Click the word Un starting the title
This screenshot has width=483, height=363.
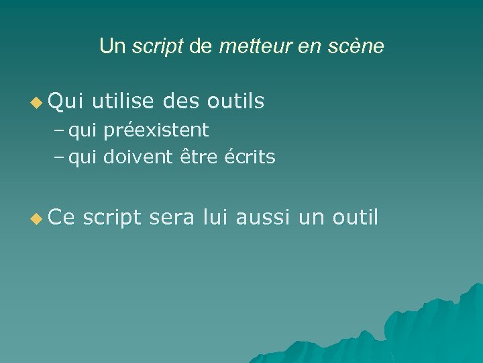point(112,46)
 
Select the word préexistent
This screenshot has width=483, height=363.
point(156,129)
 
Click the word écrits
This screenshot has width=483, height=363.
point(250,157)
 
